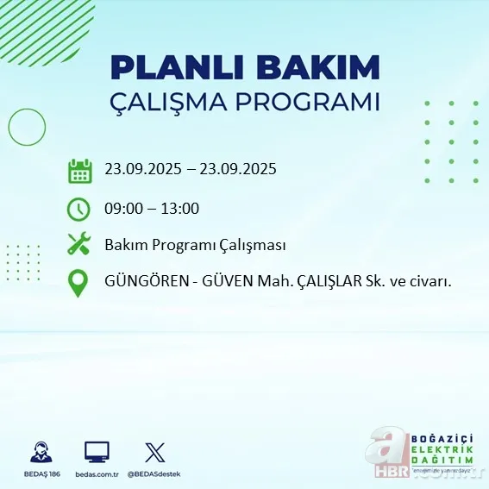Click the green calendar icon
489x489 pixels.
79,170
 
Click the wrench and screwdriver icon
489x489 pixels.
79,245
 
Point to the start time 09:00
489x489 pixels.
122,208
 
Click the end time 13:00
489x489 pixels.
179,208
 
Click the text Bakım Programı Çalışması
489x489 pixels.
195,245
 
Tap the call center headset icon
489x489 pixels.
40,452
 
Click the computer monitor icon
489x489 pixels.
97,451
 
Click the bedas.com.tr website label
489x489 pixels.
97,474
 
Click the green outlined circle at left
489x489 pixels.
27,128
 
